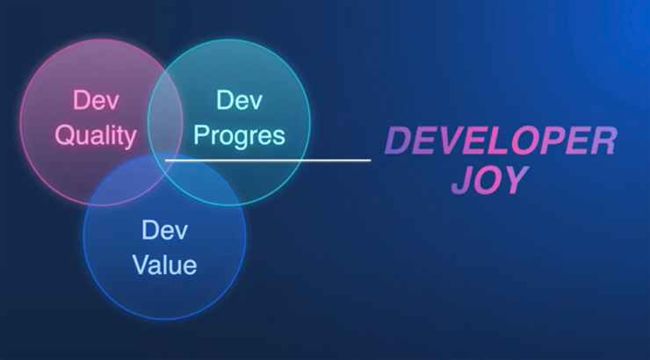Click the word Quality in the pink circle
[x=96, y=136]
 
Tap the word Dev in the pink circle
[x=96, y=100]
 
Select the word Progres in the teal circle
[x=240, y=136]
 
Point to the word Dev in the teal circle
[x=240, y=100]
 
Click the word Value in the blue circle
[x=164, y=263]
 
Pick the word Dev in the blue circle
[x=164, y=230]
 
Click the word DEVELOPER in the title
[x=502, y=140]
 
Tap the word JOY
[x=489, y=180]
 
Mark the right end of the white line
[x=370, y=161]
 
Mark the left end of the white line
[x=167, y=161]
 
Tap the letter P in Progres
[x=201, y=136]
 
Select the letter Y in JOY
[x=515, y=180]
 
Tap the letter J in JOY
[x=462, y=180]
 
